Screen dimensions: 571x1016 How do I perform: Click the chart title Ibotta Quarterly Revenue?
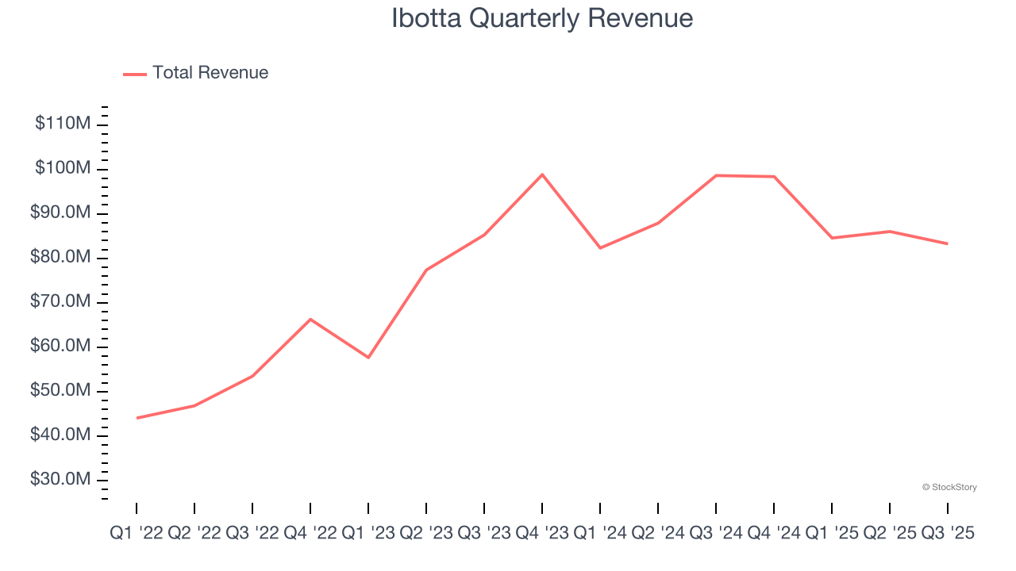pos(542,18)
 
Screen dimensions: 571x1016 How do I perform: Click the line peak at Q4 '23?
pos(542,174)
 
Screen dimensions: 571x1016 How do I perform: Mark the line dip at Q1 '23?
pos(368,358)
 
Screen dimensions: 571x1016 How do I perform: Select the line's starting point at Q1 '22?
pos(137,418)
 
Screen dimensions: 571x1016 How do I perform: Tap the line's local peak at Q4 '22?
pos(310,319)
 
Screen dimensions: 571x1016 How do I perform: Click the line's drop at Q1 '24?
pos(600,248)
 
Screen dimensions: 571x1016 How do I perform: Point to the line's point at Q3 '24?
pos(716,175)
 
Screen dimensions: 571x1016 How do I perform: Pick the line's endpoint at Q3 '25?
pos(948,243)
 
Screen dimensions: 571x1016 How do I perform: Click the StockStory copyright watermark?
pos(949,487)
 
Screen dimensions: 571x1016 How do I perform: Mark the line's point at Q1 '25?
pos(832,238)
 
